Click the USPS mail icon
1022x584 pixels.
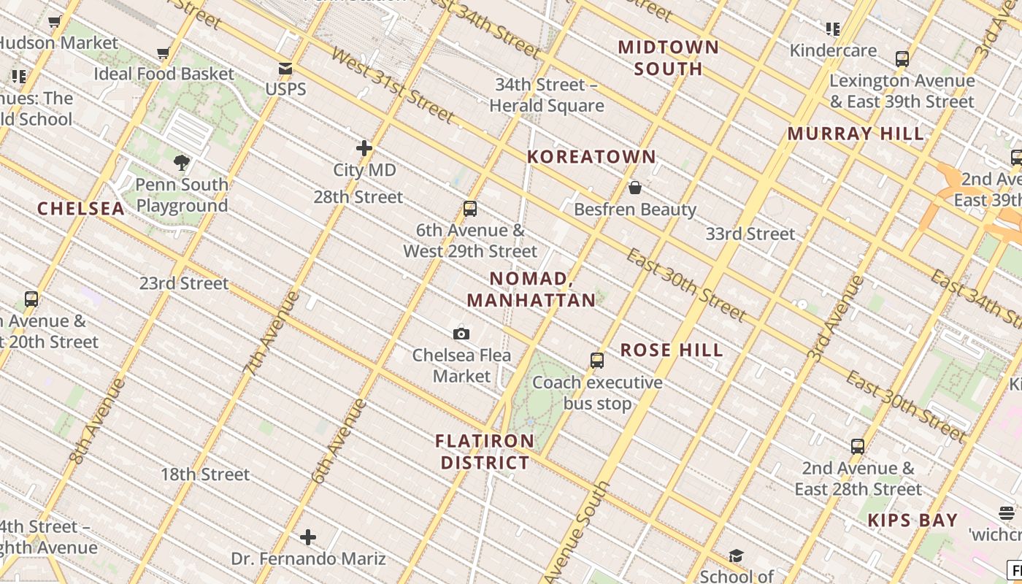point(285,69)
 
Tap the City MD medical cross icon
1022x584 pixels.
point(364,148)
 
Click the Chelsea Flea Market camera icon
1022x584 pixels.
point(461,334)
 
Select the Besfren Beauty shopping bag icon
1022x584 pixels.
point(635,188)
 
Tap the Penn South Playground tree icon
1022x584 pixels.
point(182,162)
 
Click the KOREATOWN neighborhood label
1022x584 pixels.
point(591,157)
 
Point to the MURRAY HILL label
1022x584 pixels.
point(856,134)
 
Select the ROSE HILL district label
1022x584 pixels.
point(672,350)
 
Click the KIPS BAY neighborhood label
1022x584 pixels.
point(912,520)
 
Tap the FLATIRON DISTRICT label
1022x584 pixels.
point(485,452)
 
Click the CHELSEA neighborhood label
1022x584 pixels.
point(81,209)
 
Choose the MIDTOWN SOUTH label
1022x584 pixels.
point(668,58)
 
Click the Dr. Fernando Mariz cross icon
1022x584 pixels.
point(308,538)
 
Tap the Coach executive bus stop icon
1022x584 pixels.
point(597,361)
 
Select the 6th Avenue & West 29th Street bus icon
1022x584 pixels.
point(470,209)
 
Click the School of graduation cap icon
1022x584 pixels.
point(736,556)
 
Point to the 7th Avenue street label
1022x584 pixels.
point(271,334)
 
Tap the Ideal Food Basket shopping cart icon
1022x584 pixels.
point(164,53)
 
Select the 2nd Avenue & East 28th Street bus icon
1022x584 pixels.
point(858,446)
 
